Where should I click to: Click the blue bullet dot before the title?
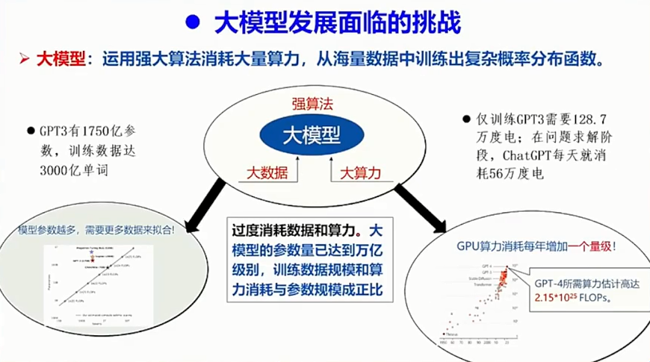192,22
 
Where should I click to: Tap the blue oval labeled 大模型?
311,134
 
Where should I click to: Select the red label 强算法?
311,104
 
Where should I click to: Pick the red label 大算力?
361,173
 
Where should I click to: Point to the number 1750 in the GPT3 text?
96,128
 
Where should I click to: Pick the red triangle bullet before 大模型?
24,59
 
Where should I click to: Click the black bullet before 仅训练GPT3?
468,119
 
